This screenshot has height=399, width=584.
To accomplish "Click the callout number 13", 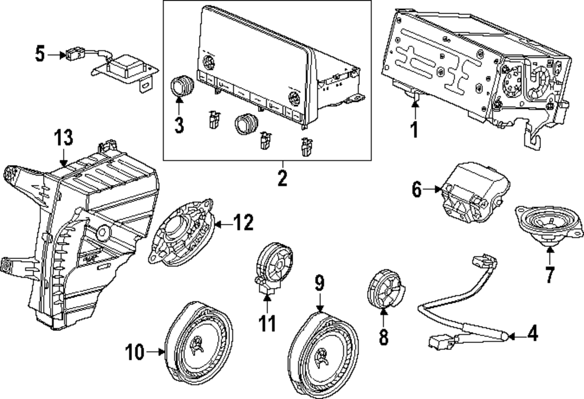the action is (64, 138).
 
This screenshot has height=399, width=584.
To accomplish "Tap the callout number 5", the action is (40, 54).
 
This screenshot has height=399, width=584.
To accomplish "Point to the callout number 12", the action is (244, 223).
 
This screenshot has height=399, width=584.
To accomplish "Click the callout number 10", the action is (134, 352).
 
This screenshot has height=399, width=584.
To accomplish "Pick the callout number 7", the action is (550, 274).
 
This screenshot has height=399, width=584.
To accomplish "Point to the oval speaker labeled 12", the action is (181, 233).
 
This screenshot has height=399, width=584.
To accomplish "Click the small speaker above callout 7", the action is (550, 223).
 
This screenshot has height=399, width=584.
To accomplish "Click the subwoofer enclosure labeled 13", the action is (80, 235).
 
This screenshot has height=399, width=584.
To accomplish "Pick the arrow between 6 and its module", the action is (432, 189).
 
